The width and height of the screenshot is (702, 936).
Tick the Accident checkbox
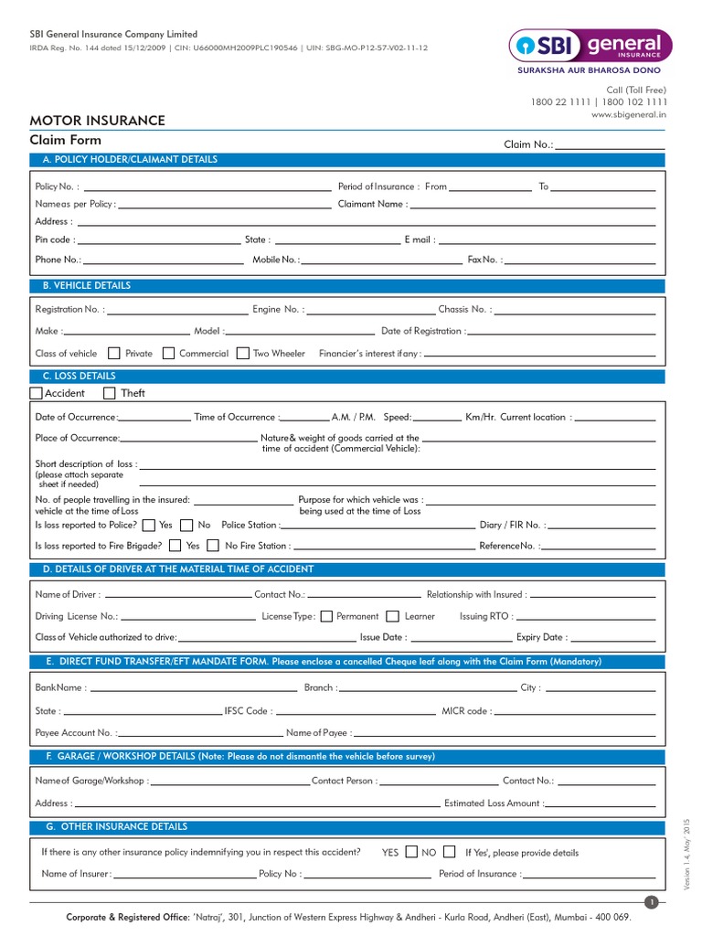[37, 393]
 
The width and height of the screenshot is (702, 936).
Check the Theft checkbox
[110, 393]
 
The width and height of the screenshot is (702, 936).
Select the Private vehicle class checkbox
[114, 354]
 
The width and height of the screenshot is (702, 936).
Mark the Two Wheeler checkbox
[242, 354]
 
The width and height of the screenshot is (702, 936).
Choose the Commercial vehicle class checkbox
[168, 354]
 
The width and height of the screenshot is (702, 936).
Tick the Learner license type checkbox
[393, 616]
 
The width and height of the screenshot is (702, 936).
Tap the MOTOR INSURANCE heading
[98, 121]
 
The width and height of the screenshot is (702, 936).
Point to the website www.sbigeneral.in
[629, 115]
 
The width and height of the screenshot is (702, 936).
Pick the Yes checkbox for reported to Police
[148, 526]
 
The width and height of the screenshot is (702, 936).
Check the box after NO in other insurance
[449, 852]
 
